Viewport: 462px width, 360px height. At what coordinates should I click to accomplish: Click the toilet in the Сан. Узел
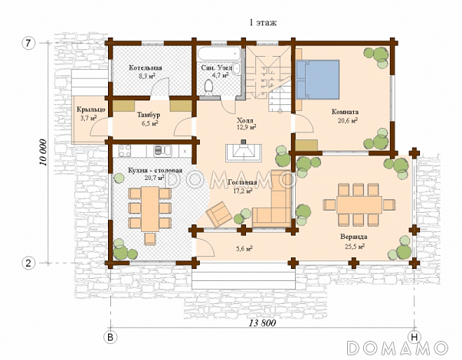point(209,87)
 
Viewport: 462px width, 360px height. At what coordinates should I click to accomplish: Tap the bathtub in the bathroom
point(219,54)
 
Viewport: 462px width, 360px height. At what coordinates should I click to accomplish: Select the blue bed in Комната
point(318,79)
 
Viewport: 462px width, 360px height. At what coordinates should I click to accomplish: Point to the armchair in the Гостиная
point(219,214)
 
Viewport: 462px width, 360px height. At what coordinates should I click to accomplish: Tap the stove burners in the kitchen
point(125,151)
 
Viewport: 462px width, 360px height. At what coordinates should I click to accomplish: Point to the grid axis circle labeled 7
point(28,44)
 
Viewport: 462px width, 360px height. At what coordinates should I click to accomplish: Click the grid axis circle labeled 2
point(28,263)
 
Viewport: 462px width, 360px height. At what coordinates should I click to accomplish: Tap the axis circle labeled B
point(110,338)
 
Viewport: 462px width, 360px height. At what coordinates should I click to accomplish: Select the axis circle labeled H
point(414,338)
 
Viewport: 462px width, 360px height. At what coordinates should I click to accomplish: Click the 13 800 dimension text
point(263,323)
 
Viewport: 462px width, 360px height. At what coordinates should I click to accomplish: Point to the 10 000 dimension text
point(44,152)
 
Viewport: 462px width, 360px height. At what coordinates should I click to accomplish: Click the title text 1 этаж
point(263,22)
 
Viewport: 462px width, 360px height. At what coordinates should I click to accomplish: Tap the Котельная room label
point(146,67)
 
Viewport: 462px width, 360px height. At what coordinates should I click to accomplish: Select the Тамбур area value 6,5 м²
point(149,123)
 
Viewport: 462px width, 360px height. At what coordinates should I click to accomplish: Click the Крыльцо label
point(90,110)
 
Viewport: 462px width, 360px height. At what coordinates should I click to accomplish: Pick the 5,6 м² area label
point(244,249)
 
